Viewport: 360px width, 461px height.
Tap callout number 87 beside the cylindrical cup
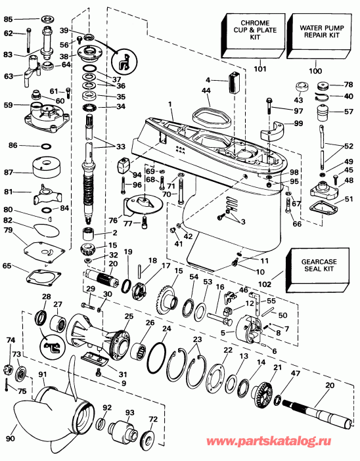coord(11,172)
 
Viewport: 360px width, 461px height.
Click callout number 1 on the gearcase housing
coord(170,103)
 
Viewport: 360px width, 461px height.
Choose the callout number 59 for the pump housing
coord(9,104)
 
